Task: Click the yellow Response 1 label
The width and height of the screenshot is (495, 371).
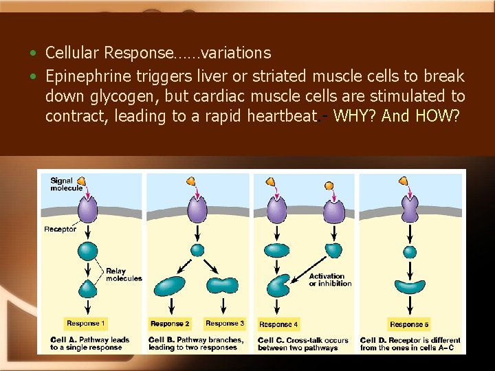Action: point(85,323)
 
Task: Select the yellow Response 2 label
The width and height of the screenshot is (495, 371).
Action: point(170,324)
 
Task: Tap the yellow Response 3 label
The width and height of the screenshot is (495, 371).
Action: point(225,323)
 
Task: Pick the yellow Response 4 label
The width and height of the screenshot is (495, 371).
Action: point(278,324)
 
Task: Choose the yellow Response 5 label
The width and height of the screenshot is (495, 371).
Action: point(409,324)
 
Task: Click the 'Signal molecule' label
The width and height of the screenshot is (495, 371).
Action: point(66,184)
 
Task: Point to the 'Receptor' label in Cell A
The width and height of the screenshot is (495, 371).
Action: point(60,229)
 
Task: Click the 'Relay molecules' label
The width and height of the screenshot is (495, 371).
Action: point(124,275)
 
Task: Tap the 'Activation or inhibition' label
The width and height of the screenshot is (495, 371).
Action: point(330,280)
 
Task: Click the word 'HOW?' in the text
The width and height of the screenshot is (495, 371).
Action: point(437,116)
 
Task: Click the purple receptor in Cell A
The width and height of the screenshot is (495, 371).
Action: point(88,208)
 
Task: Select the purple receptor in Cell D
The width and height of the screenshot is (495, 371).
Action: point(410,208)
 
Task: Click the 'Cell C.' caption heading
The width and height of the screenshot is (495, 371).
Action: point(273,340)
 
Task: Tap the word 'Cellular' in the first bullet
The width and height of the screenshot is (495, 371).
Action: point(75,53)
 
